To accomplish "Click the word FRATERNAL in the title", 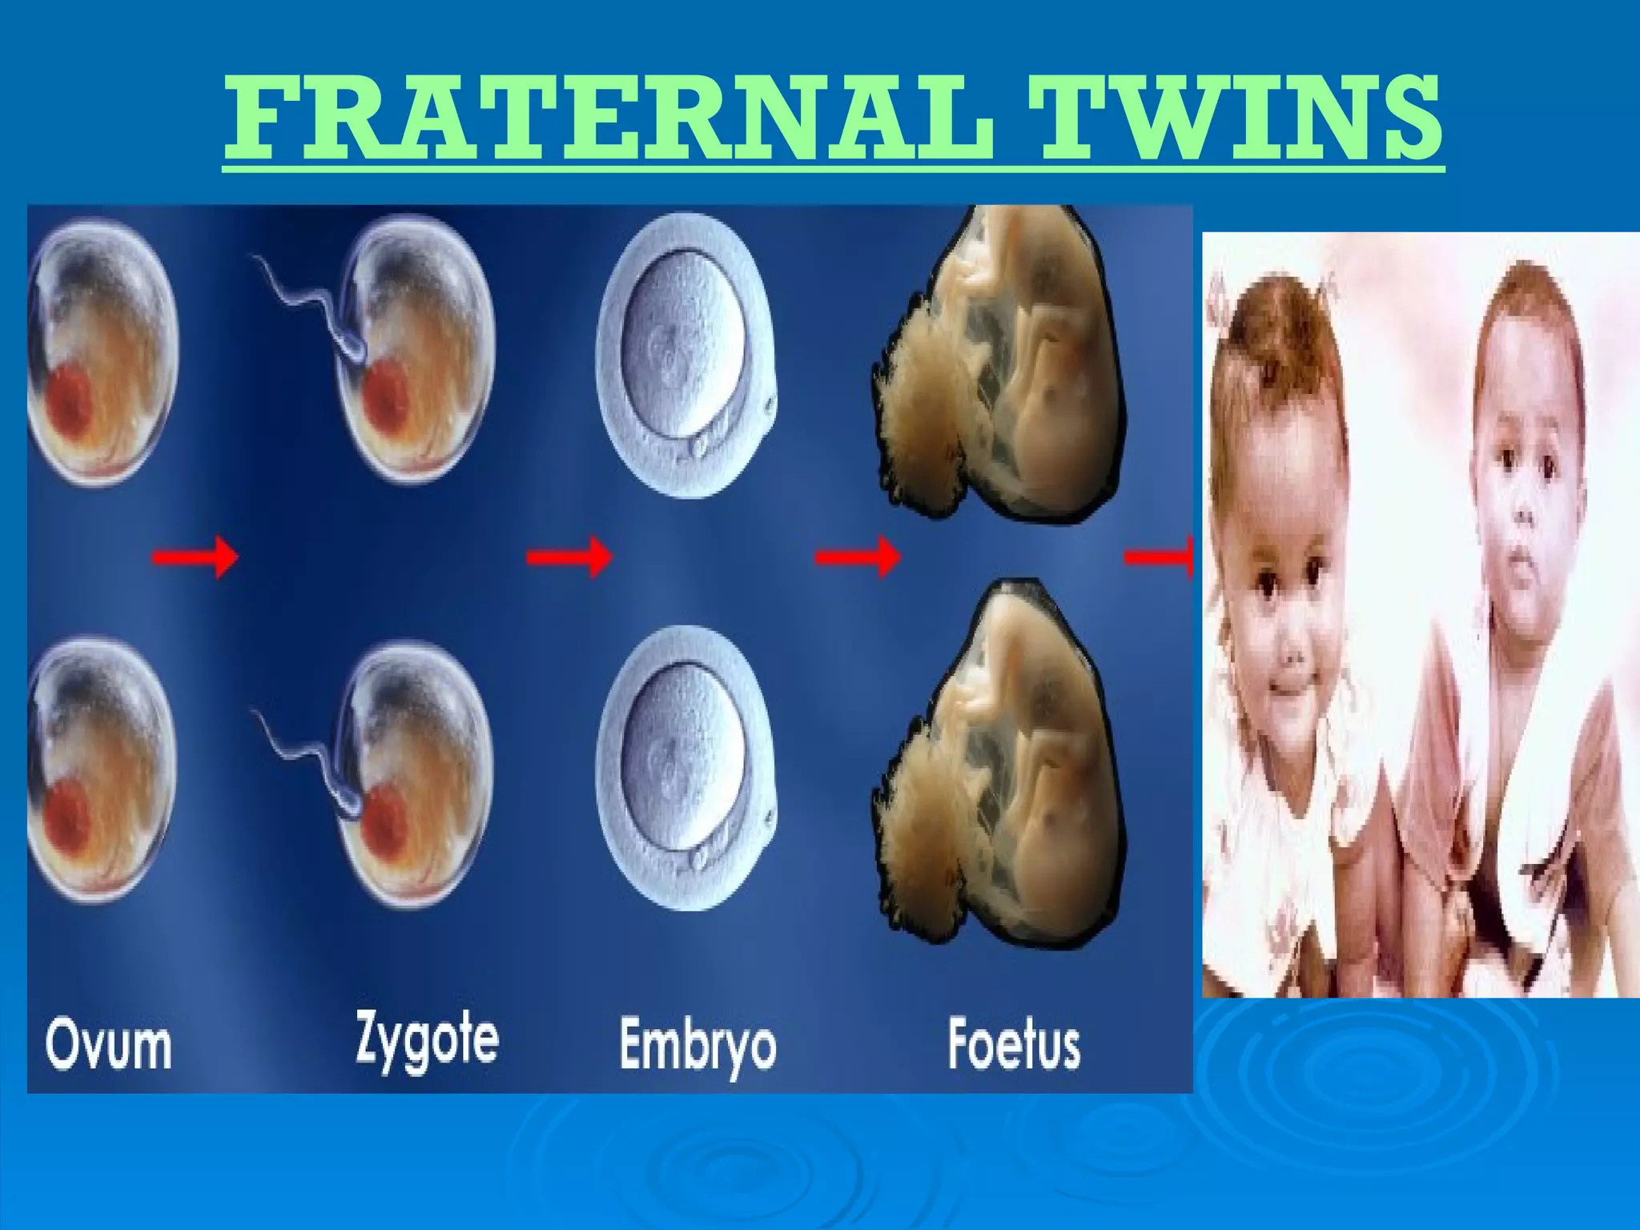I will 609,119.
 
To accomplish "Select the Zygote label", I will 427,1039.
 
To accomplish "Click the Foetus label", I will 1014,1043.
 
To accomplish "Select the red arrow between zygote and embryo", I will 569,557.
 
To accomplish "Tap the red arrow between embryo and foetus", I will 858,557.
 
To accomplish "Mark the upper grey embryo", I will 685,356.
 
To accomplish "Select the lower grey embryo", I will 685,769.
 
